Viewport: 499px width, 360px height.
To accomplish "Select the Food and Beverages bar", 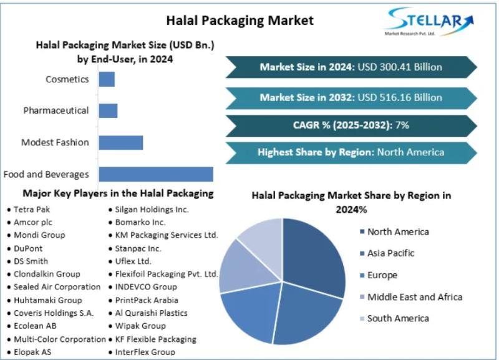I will click(156, 174).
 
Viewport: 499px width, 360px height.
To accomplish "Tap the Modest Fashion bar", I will click(120, 142).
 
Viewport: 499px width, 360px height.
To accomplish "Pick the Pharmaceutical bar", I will click(108, 110).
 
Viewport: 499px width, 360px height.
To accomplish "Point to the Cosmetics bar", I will click(107, 79).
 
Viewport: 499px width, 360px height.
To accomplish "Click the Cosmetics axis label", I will click(67, 79).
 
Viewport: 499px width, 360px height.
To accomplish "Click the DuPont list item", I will click(29, 248).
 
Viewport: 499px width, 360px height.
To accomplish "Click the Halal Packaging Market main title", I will click(240, 21).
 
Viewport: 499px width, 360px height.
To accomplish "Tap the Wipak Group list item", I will click(140, 326).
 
